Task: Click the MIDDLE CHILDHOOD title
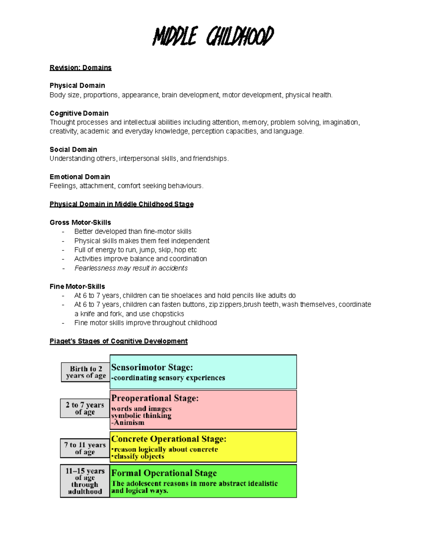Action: pos(213,36)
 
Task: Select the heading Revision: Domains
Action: pos(81,68)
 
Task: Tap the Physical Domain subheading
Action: pos(77,85)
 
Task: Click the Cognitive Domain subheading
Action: pos(79,113)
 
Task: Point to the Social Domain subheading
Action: pos(73,149)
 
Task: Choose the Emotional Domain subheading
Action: pos(80,176)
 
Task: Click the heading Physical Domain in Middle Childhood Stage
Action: pos(122,204)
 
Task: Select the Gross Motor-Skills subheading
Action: pos(80,222)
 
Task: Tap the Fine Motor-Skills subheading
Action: pos(77,286)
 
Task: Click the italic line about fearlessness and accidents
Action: pos(131,268)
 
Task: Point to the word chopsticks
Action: pos(168,314)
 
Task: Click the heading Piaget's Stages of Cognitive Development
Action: pos(119,341)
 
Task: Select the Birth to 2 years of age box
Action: pos(85,372)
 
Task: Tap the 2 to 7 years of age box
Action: pos(85,408)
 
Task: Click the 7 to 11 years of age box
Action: pos(85,448)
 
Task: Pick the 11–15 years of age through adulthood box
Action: pos(85,481)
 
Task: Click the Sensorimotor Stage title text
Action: pos(152,367)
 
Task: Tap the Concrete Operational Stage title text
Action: pos(169,439)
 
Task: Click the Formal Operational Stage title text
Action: pos(164,473)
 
